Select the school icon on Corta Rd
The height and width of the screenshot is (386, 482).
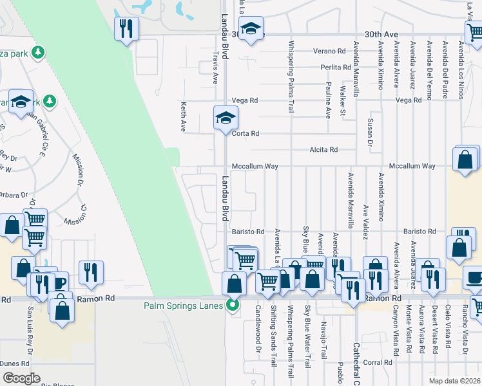click(x=226, y=118)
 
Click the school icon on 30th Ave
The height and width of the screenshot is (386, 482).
click(x=251, y=29)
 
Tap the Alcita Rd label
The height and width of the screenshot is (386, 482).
click(x=323, y=150)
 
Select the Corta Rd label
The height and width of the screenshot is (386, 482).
click(x=246, y=134)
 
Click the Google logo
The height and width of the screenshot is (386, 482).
click(x=22, y=378)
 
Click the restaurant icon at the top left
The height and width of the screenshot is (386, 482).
click(x=126, y=28)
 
